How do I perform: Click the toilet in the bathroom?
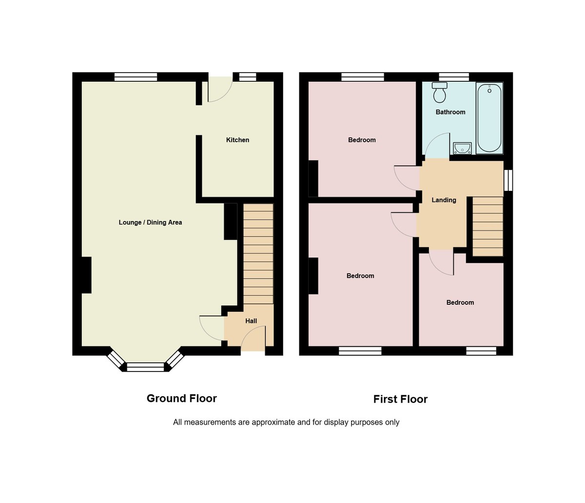point(440,93)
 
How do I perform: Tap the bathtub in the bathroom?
point(489,118)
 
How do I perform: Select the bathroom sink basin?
point(462,148)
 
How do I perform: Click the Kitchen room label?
point(237,140)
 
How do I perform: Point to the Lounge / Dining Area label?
point(150,223)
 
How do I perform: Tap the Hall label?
point(251,321)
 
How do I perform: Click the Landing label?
point(444,200)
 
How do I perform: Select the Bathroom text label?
point(450,112)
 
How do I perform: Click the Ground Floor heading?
point(181,398)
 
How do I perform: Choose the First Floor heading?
point(400,399)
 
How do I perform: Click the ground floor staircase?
point(258,253)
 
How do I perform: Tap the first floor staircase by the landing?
point(487,226)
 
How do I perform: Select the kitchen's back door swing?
point(219,90)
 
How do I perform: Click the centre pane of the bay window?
point(145,367)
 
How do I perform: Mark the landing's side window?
point(508,180)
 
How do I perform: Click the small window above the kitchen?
point(248,77)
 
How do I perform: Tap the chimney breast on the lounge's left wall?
point(86,275)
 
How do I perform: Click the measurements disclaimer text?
point(286,423)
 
